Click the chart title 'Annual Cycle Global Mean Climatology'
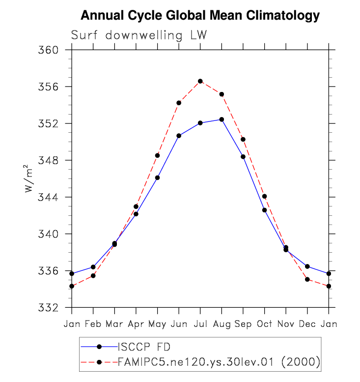(200, 16)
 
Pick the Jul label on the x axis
(200, 324)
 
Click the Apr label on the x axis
(136, 324)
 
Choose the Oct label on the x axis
(264, 324)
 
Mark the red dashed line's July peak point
(200, 81)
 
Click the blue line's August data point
(222, 119)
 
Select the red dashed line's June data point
(179, 103)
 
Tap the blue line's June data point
(179, 136)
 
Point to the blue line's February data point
(93, 267)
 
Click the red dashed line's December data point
(307, 279)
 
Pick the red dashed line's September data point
(243, 140)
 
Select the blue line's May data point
(157, 177)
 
